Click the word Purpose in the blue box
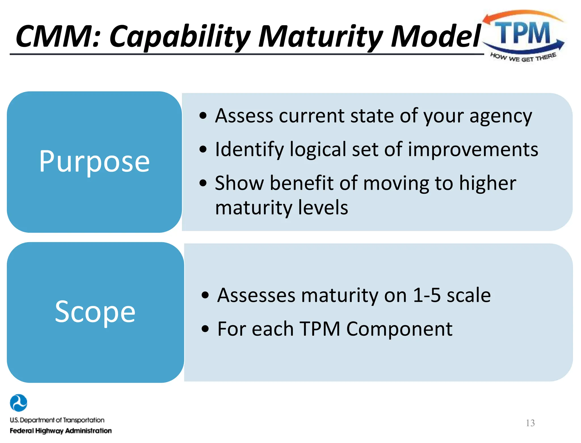pyautogui.click(x=94, y=162)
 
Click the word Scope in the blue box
pyautogui.click(x=95, y=312)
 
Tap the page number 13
pyautogui.click(x=530, y=423)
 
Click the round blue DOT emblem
pyautogui.click(x=18, y=403)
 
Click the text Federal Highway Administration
pyautogui.click(x=61, y=431)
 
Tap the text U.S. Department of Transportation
pyautogui.click(x=57, y=420)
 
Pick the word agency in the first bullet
pyautogui.click(x=501, y=116)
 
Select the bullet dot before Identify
pyautogui.click(x=203, y=149)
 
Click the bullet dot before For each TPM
pyautogui.click(x=205, y=329)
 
